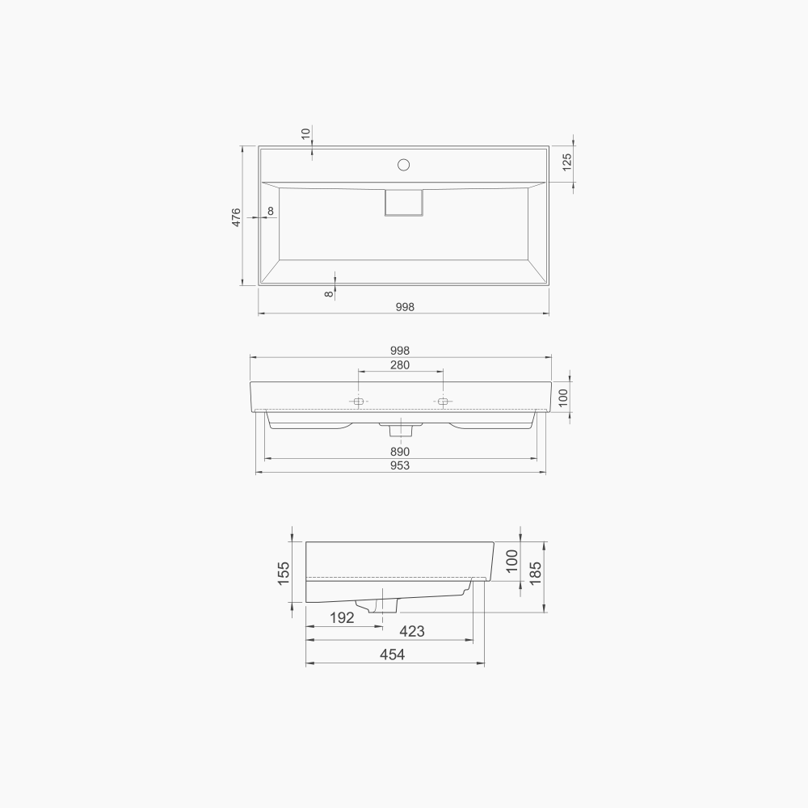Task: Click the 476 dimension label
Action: tap(236, 217)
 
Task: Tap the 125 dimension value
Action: tap(566, 162)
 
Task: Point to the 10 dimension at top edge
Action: tap(305, 133)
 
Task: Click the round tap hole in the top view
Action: tap(403, 166)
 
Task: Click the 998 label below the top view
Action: tap(404, 306)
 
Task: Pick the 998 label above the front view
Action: tap(400, 351)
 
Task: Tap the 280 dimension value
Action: tap(400, 365)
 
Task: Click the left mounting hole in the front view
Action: tap(359, 401)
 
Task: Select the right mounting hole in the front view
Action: tap(443, 401)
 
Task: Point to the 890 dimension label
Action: tap(400, 452)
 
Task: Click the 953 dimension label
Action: tap(400, 465)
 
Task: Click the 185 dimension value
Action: tap(536, 571)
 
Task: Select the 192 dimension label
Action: tap(342, 618)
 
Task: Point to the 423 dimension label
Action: tap(412, 631)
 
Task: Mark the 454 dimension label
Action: tap(393, 655)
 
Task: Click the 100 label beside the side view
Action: tap(511, 560)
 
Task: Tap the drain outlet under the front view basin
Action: tap(400, 426)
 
